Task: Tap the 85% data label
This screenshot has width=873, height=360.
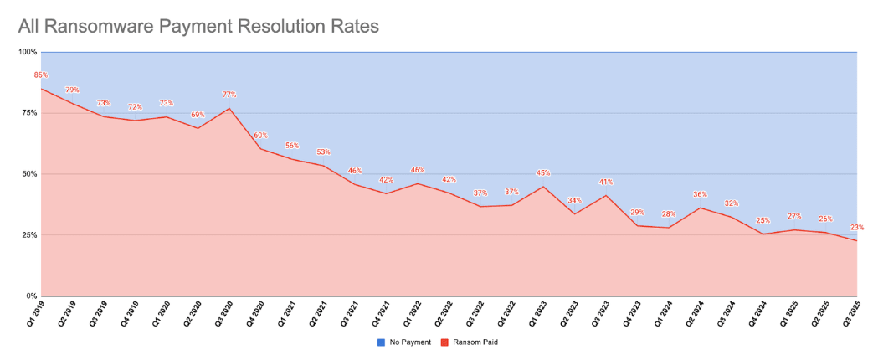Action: [40, 75]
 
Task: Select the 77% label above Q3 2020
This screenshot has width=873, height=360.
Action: [228, 95]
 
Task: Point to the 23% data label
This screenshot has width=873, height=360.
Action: [856, 228]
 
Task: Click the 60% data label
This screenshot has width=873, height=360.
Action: [260, 136]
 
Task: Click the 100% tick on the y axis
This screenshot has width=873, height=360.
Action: [28, 52]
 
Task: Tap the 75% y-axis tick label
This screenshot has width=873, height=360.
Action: [29, 113]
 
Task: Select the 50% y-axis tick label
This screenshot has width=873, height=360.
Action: [29, 174]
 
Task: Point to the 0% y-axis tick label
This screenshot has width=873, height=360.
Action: [32, 296]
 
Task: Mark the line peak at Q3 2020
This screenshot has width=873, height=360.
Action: [229, 108]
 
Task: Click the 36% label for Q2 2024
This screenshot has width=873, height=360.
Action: [700, 195]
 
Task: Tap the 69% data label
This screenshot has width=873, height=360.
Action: [198, 115]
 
